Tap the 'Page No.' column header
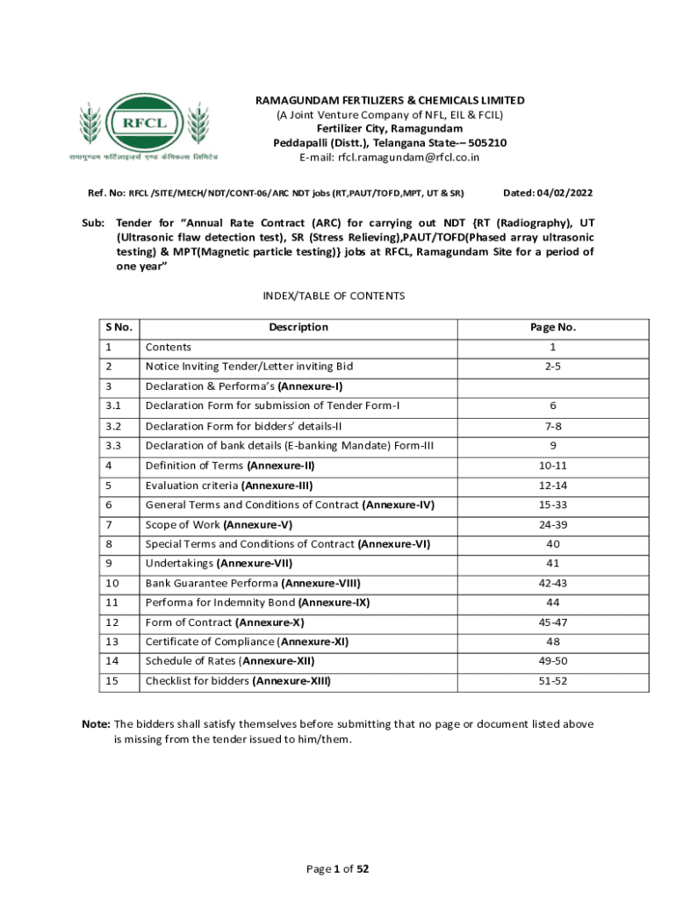[552, 327]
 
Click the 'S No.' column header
[119, 327]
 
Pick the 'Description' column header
[298, 327]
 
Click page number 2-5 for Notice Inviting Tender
[552, 366]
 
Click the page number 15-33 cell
[552, 505]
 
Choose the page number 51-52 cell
[552, 680]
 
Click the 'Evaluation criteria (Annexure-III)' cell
[229, 485]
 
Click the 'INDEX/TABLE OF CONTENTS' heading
[334, 296]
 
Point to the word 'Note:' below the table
[96, 724]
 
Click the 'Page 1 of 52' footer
[337, 869]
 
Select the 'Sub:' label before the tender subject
[92, 224]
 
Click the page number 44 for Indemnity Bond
[552, 602]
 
